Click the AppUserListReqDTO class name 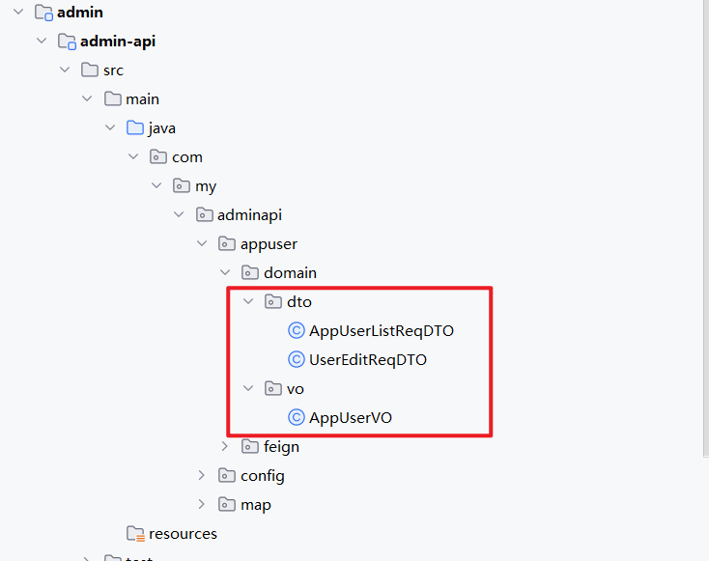pos(381,331)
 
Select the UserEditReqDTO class pos(367,360)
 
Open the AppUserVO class pos(350,418)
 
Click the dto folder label pos(298,302)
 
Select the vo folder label pos(296,389)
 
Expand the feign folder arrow pos(225,447)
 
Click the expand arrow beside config pos(202,476)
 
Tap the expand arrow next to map pos(202,505)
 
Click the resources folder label pos(183,534)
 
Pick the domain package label pos(290,273)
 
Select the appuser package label pos(269,244)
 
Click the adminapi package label pos(249,215)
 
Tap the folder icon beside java pos(135,128)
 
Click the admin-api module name pos(118,42)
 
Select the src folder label pos(113,70)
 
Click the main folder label pos(142,99)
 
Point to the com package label pos(187,157)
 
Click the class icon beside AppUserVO pos(297,418)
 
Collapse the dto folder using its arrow pos(248,302)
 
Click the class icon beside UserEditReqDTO pos(297,360)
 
